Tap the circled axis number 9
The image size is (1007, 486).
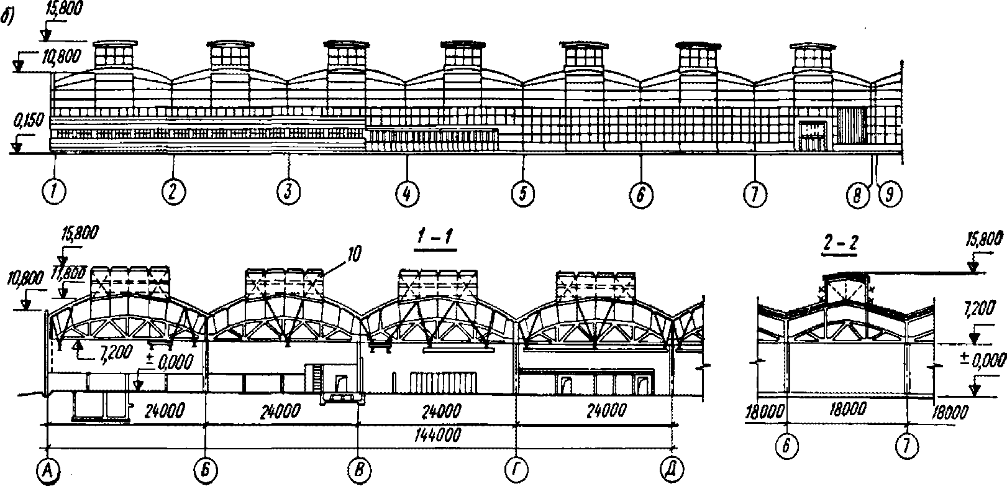coord(890,195)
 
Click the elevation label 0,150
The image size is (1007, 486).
coord(29,121)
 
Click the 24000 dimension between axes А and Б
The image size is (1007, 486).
coord(166,410)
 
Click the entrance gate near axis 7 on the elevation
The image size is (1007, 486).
coord(813,136)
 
